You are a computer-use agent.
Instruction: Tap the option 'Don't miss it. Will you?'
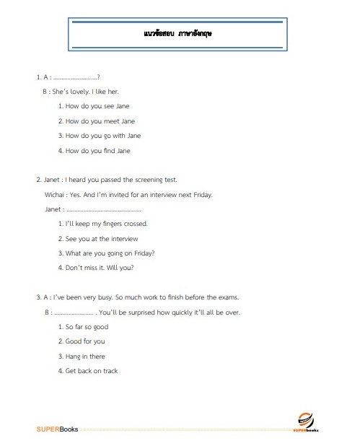[x=100, y=268]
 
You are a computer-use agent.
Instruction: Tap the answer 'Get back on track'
[x=91, y=371]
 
